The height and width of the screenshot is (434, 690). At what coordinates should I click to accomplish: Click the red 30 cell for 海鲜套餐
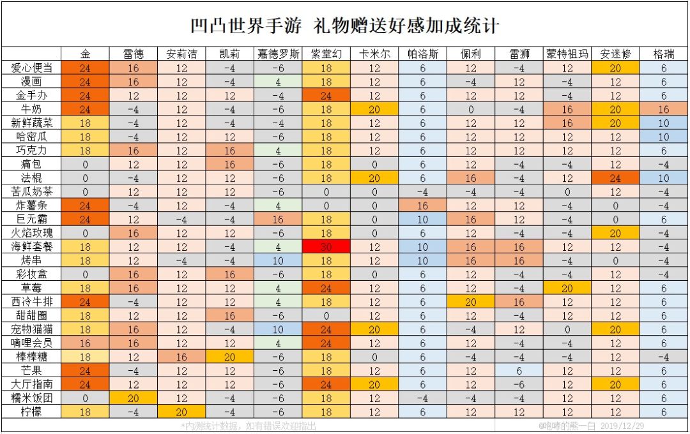click(x=326, y=246)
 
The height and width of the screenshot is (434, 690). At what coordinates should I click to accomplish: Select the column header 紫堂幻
click(x=326, y=54)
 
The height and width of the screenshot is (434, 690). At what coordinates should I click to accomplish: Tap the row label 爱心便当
click(x=31, y=68)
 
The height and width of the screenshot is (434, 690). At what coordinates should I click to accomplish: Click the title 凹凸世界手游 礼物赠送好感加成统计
click(x=345, y=26)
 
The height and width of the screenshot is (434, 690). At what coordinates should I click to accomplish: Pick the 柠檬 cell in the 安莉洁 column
click(x=181, y=412)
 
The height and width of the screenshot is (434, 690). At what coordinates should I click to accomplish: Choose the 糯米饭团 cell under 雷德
click(x=134, y=398)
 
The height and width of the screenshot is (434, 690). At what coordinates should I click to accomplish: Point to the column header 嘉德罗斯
click(x=277, y=54)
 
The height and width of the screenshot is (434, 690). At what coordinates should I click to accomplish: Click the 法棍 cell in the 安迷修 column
click(x=615, y=177)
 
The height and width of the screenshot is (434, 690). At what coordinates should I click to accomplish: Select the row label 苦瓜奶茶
click(x=31, y=191)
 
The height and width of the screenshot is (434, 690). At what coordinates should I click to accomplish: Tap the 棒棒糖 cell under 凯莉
click(x=229, y=357)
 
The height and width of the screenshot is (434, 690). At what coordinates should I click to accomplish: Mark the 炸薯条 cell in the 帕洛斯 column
click(x=422, y=206)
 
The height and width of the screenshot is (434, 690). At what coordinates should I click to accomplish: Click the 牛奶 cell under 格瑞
click(x=664, y=109)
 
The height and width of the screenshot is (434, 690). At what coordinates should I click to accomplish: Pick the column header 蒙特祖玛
click(x=567, y=54)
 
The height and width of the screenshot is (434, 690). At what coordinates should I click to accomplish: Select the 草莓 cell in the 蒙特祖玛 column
click(x=567, y=288)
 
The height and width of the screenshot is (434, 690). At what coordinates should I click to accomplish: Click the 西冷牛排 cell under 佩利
click(x=471, y=301)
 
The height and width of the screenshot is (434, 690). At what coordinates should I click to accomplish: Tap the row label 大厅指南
click(x=31, y=384)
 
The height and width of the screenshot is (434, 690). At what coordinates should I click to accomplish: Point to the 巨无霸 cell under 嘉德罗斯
click(x=277, y=219)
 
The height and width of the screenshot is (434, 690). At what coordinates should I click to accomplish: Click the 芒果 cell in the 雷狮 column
click(x=519, y=370)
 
